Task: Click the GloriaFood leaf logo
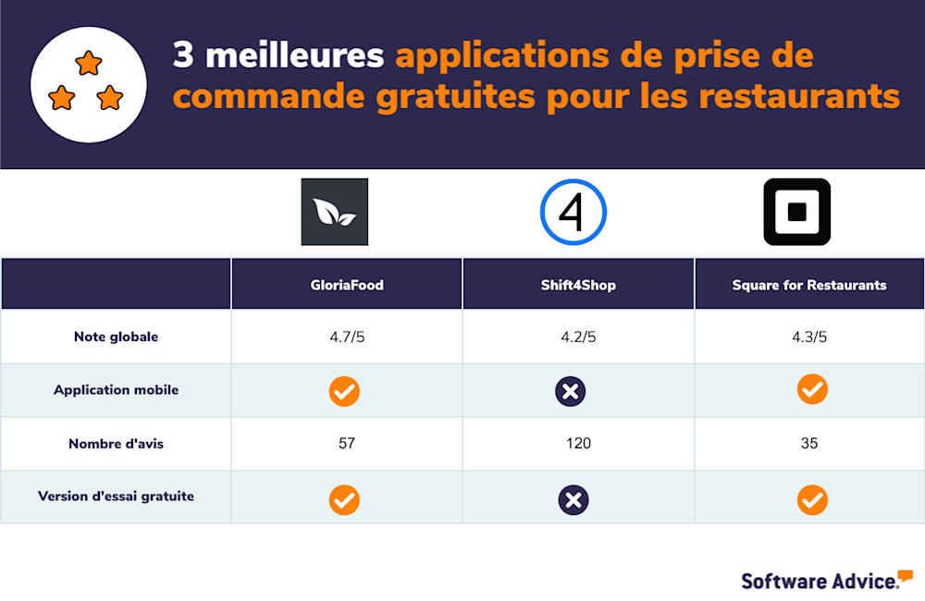point(334,212)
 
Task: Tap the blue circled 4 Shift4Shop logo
point(573,212)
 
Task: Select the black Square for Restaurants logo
point(796,212)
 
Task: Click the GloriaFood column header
point(347,285)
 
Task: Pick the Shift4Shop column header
point(578,285)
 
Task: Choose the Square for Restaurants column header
point(809,285)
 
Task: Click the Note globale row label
point(116,337)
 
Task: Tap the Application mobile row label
point(116,390)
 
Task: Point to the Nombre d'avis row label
point(116,444)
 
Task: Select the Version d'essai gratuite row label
point(116,497)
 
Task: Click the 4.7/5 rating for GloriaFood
point(347,337)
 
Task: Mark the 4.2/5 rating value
point(578,337)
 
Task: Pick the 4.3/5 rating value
point(809,337)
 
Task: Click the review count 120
point(578,444)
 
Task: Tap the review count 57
point(347,444)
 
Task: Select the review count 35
point(809,444)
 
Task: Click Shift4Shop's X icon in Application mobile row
point(571,391)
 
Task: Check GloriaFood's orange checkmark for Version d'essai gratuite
point(344,500)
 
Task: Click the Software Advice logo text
point(820,581)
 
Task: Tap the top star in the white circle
point(89,64)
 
